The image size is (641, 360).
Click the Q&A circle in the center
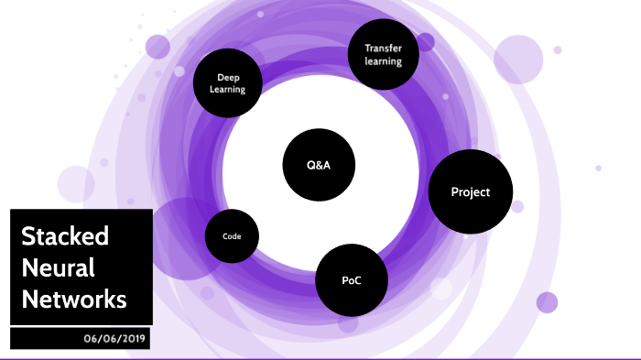pos(319,166)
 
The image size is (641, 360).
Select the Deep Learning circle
pos(228,83)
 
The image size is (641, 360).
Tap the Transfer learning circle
pos(384,54)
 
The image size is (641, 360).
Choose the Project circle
pos(471,191)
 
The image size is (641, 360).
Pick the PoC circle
pos(351,280)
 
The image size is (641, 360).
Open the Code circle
pos(232,236)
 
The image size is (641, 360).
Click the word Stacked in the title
pos(65,236)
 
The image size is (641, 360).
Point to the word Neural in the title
pos(58,267)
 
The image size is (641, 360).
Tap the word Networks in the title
pos(74,299)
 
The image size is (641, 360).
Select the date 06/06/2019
pos(113,338)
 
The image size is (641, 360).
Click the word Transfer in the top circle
pos(384,48)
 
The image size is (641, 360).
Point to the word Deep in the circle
pos(228,77)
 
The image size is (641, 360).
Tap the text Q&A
pos(319,166)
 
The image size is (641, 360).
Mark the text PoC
pos(351,280)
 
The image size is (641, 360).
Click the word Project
pos(471,191)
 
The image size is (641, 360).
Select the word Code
pos(232,236)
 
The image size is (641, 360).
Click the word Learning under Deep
pos(228,90)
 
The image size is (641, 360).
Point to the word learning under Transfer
pos(384,61)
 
